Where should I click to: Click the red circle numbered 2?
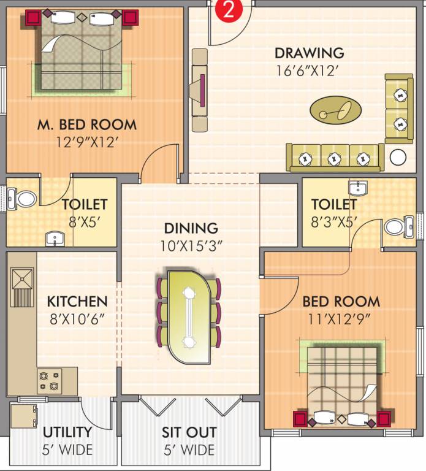[x=228, y=10]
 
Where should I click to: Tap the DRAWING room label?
[x=309, y=53]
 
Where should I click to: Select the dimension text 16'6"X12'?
[x=306, y=71]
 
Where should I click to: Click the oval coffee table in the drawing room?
[x=331, y=110]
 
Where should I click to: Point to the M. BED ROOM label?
[x=86, y=124]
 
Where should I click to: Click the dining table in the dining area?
[x=189, y=316]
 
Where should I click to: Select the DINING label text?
[x=191, y=228]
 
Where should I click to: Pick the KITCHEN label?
[x=77, y=302]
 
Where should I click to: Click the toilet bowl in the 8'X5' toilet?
[x=25, y=198]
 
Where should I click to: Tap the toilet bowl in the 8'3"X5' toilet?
[x=396, y=227]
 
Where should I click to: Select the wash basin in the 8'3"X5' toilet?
[x=358, y=187]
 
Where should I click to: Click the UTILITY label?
[x=67, y=432]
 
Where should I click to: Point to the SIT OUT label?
[x=188, y=432]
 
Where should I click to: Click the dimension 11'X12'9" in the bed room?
[x=340, y=319]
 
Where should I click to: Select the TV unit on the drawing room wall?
[x=199, y=90]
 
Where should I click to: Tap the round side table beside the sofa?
[x=398, y=157]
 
